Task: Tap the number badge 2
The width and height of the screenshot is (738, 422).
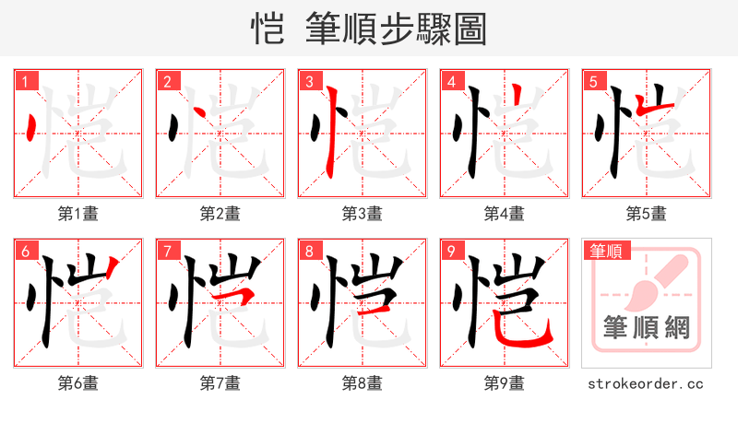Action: click(168, 82)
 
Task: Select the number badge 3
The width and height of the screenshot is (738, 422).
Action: click(310, 82)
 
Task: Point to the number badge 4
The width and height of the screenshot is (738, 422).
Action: click(452, 82)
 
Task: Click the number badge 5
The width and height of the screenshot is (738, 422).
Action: click(594, 82)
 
